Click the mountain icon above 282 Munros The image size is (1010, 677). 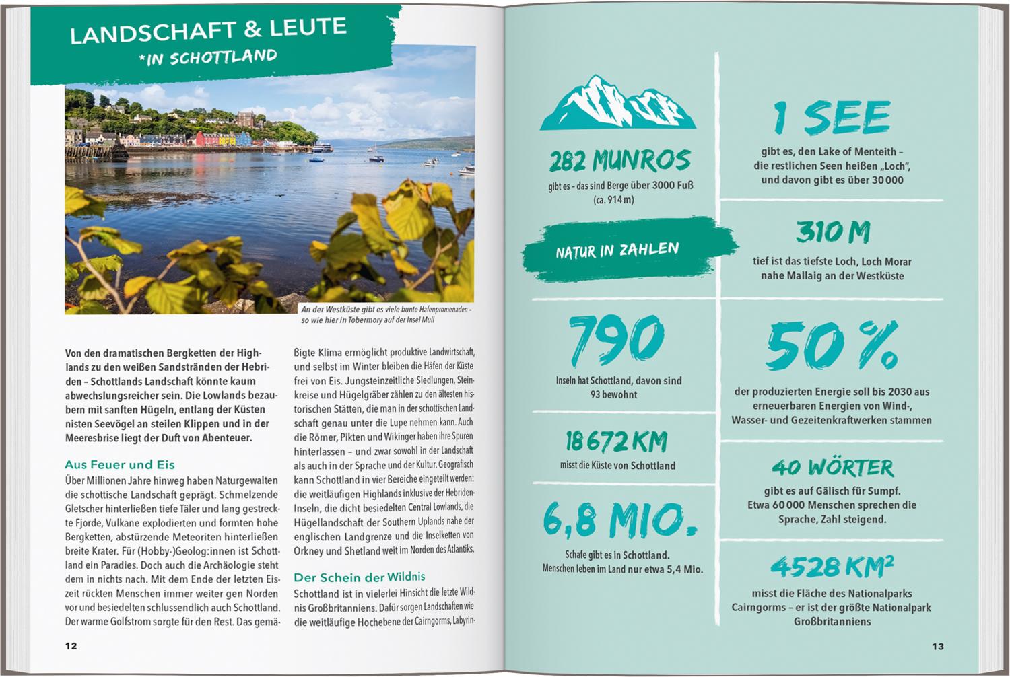[617, 104]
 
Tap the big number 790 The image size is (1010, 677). [616, 341]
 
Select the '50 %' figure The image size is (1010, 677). [832, 347]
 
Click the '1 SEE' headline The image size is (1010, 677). [832, 117]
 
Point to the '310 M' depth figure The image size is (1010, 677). [833, 232]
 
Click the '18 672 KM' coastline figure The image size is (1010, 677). [616, 441]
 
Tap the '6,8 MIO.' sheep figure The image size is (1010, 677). [619, 520]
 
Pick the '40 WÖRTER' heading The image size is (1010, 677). [832, 467]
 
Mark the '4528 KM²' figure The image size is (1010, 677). [832, 567]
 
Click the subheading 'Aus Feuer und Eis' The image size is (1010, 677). [120, 464]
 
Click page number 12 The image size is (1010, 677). [71, 646]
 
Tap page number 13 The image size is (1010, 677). [938, 646]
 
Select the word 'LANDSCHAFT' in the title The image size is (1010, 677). [141, 34]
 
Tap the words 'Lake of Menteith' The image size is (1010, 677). [856, 151]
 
